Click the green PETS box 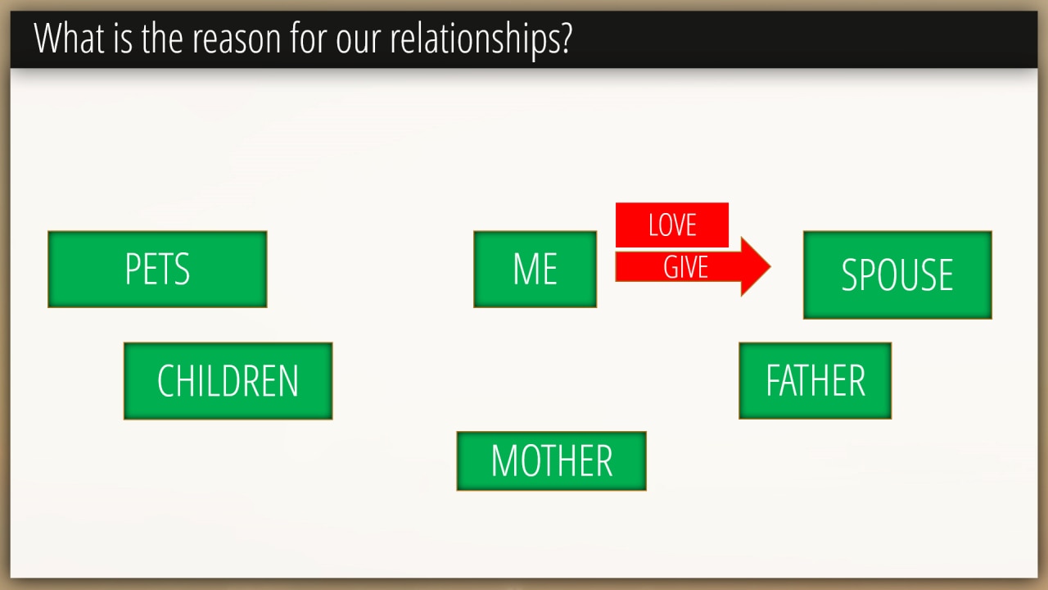click(x=157, y=270)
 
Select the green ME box click(x=535, y=270)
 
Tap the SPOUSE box click(x=897, y=275)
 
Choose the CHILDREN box click(x=228, y=381)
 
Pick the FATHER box click(x=815, y=381)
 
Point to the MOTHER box click(x=552, y=461)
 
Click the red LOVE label click(x=672, y=225)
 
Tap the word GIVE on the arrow click(x=686, y=267)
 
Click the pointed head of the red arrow click(x=770, y=267)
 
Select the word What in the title click(x=70, y=39)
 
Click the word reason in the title click(x=237, y=40)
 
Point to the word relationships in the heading click(x=474, y=40)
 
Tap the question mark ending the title click(x=565, y=39)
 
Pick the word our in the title click(x=359, y=41)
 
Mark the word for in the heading click(x=309, y=38)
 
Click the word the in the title click(x=162, y=39)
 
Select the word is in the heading click(x=123, y=39)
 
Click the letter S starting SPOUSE click(x=850, y=275)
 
